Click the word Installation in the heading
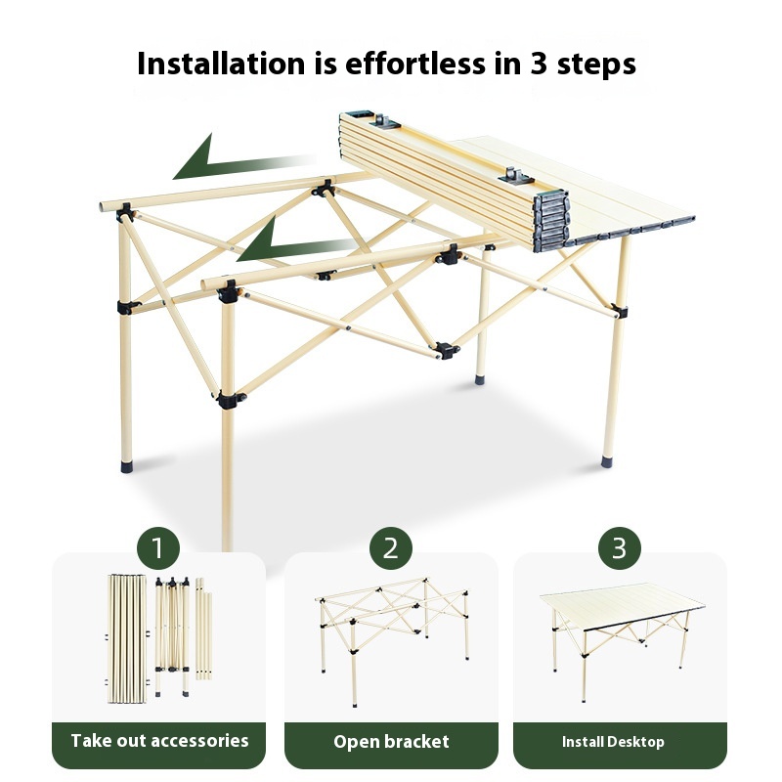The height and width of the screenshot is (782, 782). click(x=221, y=64)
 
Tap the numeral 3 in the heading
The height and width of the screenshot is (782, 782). click(x=539, y=64)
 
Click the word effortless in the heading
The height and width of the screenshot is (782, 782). click(x=414, y=64)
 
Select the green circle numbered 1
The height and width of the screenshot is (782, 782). click(x=158, y=548)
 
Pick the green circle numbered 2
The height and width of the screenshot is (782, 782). click(x=390, y=548)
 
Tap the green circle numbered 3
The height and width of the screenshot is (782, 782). click(x=620, y=548)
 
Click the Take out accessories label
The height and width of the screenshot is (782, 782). click(x=159, y=741)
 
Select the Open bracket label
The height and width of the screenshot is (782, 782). click(x=392, y=742)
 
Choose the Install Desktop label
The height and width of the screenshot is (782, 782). click(x=613, y=742)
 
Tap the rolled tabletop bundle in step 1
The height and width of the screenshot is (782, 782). click(x=127, y=638)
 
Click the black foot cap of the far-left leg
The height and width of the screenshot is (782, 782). click(x=127, y=466)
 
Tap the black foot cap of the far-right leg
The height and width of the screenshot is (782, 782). click(x=606, y=461)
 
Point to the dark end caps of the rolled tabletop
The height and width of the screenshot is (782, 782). click(x=551, y=221)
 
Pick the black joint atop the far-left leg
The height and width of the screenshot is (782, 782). click(x=125, y=213)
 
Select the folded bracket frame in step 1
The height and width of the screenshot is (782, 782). click(x=173, y=637)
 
